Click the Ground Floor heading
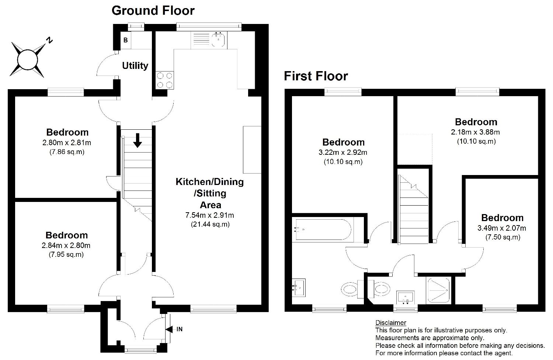coord(153,11)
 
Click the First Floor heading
coord(316,76)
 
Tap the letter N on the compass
coord(50,40)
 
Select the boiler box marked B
coord(126,40)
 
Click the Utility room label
coord(135,66)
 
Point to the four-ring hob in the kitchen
coord(165,80)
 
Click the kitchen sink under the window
coord(218,39)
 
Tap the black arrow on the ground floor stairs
coord(138,140)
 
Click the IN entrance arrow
coord(169,329)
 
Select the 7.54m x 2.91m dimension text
coord(210,215)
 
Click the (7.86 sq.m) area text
coord(67,152)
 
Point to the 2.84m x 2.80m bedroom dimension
coord(66,245)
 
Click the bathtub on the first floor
coord(323,230)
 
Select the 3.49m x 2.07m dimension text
coord(502,228)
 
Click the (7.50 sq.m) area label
coord(503,237)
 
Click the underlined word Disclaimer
coord(390,323)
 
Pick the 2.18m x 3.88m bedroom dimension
coord(476,132)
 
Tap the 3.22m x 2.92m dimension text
coord(343,153)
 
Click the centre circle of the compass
coord(27,60)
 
